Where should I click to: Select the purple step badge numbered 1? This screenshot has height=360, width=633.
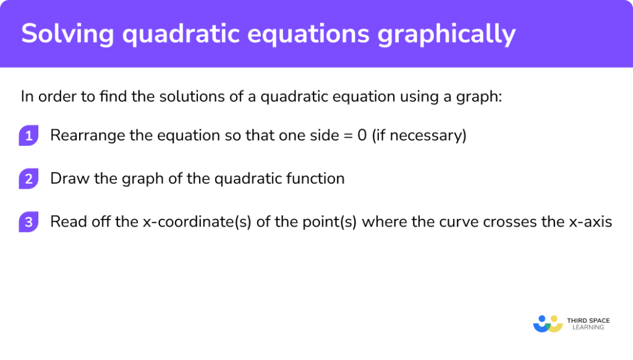(28, 135)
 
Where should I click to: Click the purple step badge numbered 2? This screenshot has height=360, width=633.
(28, 179)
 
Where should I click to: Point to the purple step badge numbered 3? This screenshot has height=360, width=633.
(28, 222)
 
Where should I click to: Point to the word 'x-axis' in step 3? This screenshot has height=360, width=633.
(592, 221)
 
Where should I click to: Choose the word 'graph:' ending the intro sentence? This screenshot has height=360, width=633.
(479, 96)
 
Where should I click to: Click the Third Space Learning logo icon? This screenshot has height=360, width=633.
(548, 324)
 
